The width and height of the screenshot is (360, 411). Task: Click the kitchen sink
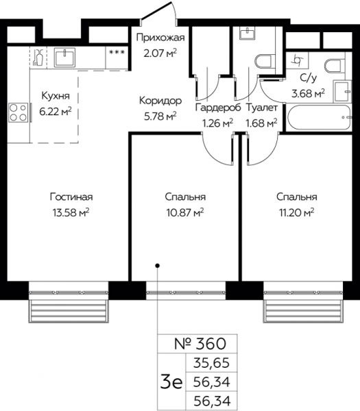pos(64,57)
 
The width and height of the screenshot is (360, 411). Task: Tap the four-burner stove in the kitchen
pos(19,113)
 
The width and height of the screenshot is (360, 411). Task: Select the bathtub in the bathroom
pos(319,117)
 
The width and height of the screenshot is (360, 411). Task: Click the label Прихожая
pos(160,38)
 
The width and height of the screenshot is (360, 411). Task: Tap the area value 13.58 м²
pos(71,212)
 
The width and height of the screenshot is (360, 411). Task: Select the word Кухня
pos(56,96)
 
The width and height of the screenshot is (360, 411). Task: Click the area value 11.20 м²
pos(296,212)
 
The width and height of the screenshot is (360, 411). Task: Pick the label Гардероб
pos(218,108)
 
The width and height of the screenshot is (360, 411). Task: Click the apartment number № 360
pos(200,344)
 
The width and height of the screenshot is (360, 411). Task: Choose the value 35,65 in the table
pos(211,363)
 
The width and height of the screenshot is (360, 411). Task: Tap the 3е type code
pos(171,382)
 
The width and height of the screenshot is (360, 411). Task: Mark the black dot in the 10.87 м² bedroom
pos(158,266)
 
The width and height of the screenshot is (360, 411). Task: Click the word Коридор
pos(160,101)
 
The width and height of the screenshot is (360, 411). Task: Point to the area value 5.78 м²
pos(160,116)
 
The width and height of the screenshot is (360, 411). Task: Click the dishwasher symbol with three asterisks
pos(117,52)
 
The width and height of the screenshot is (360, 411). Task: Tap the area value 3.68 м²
pos(308,92)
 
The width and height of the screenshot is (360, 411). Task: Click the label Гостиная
pos(71,197)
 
